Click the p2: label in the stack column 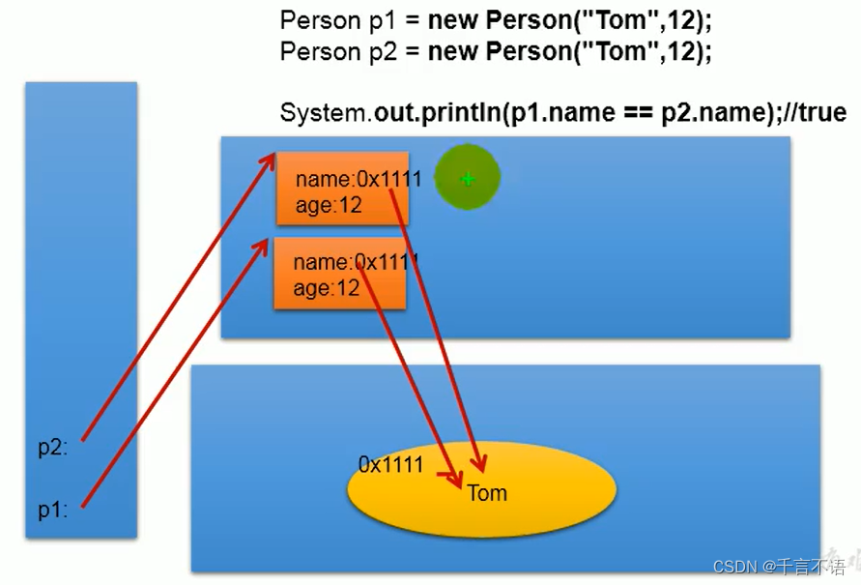pos(53,447)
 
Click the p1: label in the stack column pos(53,510)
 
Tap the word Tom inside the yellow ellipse pos(487,493)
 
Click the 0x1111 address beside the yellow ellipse pos(390,464)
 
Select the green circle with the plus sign pos(467,178)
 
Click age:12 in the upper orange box pos(329,205)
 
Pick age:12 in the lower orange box pos(327,287)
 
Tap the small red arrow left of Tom pos(446,475)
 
